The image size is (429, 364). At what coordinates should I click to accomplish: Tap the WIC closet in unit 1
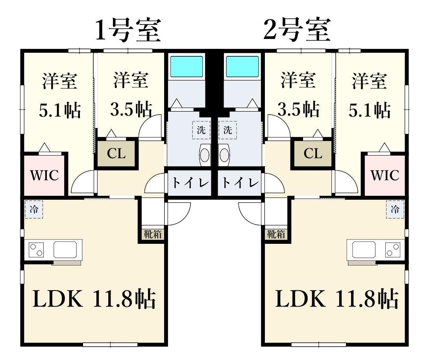44,176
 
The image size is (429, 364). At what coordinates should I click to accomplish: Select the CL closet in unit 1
116,154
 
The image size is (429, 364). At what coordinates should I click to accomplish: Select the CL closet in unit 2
313,154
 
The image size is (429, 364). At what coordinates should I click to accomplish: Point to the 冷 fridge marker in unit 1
34,210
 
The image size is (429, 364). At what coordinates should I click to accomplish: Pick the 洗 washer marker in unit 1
201,130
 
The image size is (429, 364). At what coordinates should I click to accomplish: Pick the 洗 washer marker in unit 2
228,130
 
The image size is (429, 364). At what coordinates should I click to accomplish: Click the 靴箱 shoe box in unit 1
153,234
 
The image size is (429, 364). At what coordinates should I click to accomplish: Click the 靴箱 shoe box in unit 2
276,234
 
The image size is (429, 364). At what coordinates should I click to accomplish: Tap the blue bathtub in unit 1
186,66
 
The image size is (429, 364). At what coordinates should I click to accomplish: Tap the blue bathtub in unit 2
242,66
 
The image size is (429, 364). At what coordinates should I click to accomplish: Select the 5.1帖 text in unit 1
60,111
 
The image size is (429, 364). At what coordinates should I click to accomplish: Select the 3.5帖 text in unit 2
298,110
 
